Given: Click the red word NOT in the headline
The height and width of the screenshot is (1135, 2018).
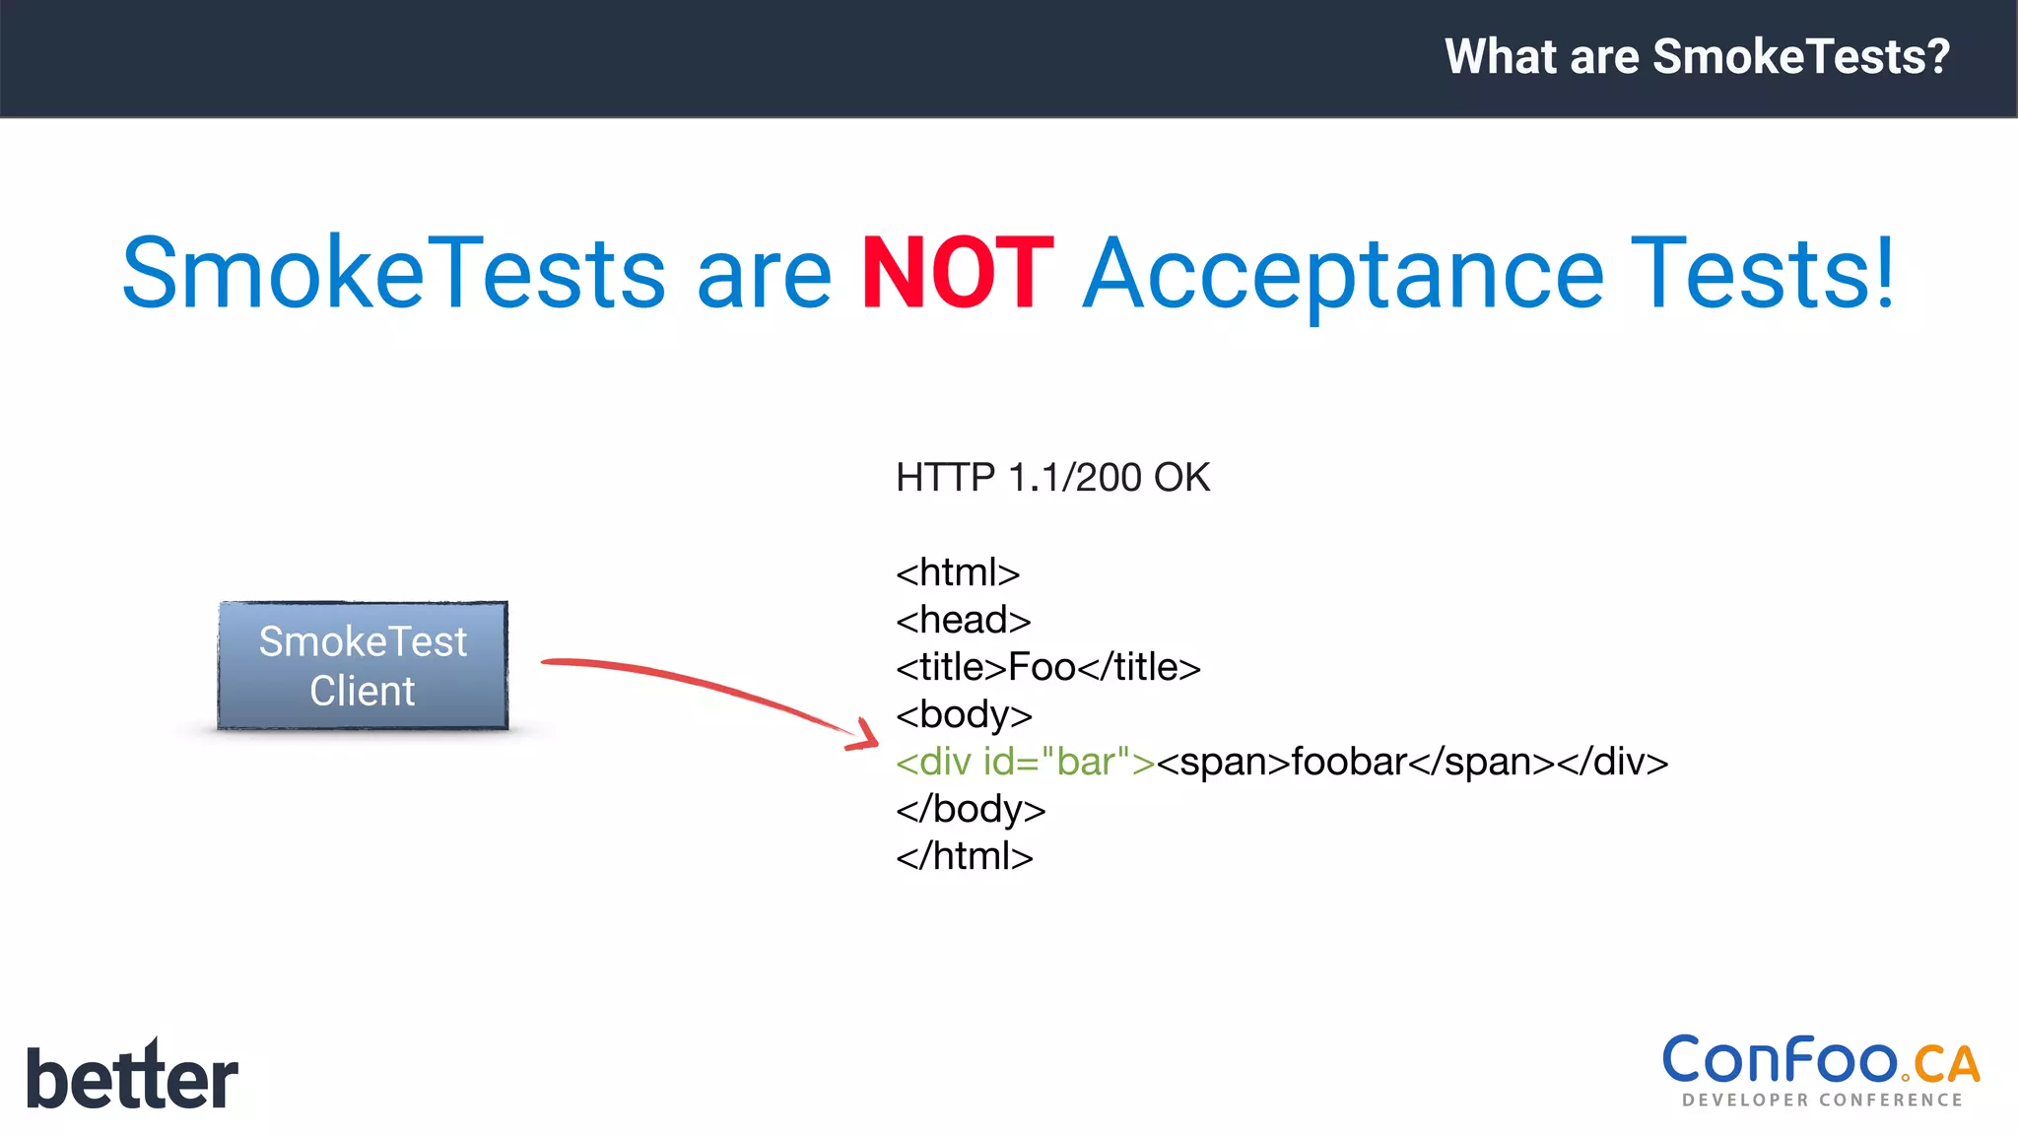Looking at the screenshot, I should click(x=958, y=274).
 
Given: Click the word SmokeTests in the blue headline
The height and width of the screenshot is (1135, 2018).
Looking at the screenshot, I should click(x=394, y=274).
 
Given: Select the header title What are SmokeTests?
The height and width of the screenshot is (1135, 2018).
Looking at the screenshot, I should click(x=1697, y=56).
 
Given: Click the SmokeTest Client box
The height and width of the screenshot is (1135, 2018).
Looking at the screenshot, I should click(x=363, y=666).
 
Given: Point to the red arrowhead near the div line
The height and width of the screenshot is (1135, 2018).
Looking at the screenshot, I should click(x=864, y=736).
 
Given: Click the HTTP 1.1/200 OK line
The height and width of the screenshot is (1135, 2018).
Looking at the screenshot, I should click(x=1052, y=478).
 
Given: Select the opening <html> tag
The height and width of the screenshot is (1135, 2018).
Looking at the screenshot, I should click(x=958, y=572).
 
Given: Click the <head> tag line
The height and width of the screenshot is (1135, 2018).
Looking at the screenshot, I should click(x=963, y=620).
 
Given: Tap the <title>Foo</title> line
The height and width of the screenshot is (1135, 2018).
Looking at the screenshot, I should click(x=1047, y=667).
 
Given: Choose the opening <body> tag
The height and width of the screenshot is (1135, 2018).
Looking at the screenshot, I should click(x=964, y=714).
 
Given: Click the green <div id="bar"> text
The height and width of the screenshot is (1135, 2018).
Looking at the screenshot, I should click(x=1025, y=762).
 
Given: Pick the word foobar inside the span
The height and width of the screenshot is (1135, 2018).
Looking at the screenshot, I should click(x=1349, y=762).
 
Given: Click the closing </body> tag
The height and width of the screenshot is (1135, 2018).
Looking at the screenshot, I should click(x=971, y=809).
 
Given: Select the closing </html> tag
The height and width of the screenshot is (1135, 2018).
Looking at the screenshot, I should click(x=965, y=856).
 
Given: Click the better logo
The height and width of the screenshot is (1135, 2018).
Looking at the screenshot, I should click(x=132, y=1076).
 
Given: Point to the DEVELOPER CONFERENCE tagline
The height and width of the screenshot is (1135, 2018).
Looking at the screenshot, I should click(x=1822, y=1100).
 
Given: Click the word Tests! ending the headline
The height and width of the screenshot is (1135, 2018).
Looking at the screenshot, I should click(x=1762, y=274).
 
